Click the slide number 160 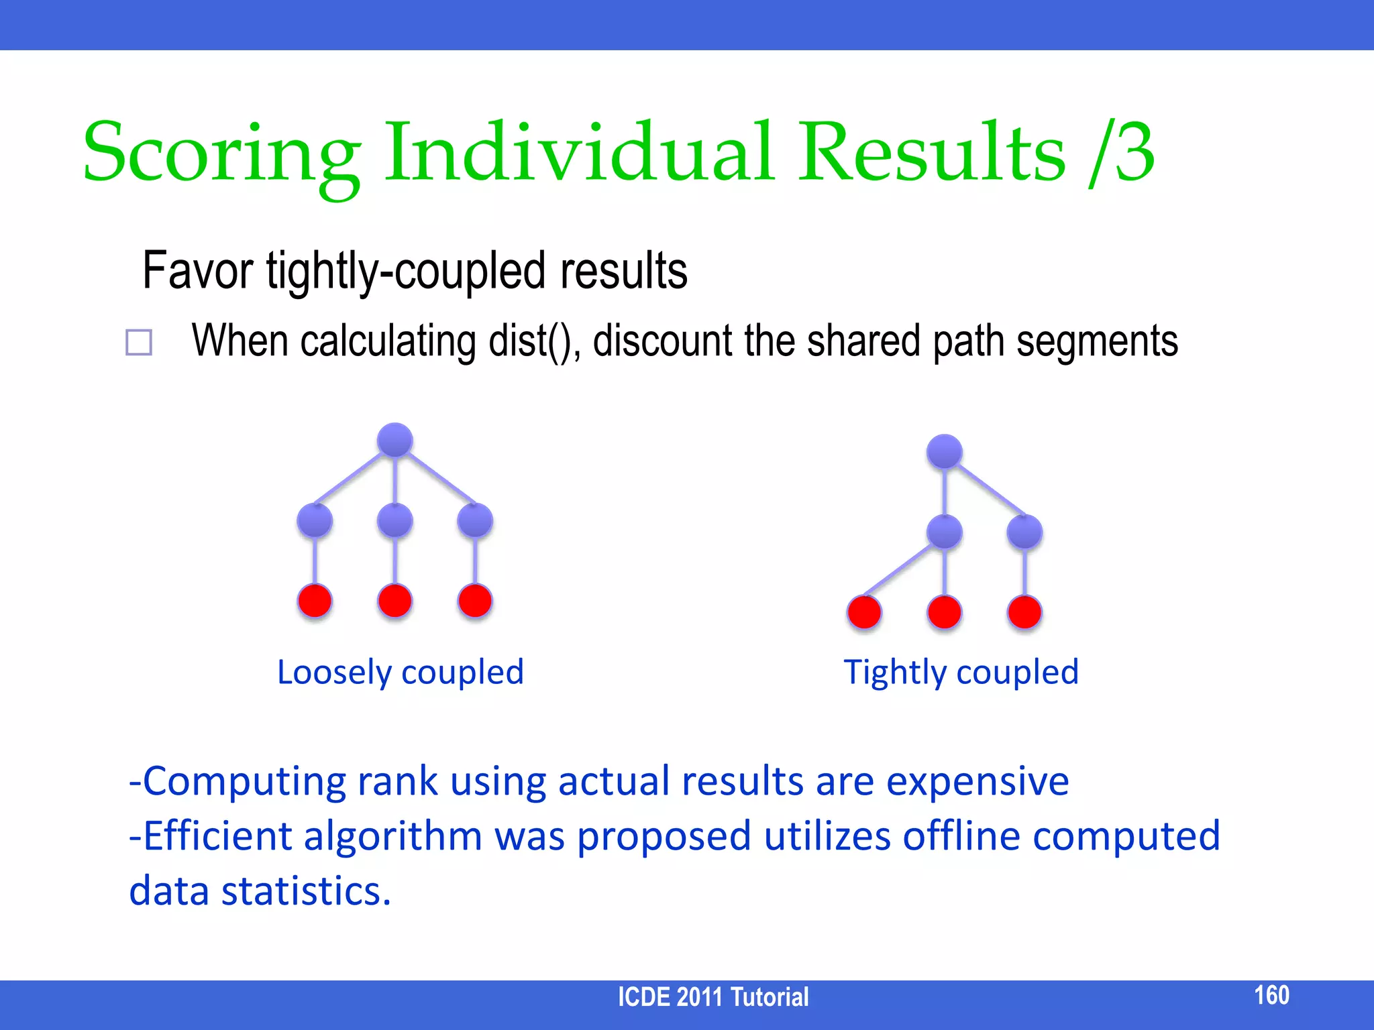pos(1271,994)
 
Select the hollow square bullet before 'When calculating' pos(139,342)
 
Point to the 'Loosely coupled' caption pos(401,672)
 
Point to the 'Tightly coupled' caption pos(961,672)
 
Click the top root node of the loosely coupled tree pos(395,440)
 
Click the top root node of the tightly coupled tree pos(945,451)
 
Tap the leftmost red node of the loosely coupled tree pos(315,600)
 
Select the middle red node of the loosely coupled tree pos(395,600)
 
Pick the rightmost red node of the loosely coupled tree pos(475,600)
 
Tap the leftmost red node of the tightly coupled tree pos(864,612)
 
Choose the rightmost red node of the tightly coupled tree pos(1024,612)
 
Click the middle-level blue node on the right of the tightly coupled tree pos(1024,532)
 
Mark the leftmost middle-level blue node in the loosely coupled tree pos(315,520)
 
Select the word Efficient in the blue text pos(217,836)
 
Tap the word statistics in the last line pos(306,891)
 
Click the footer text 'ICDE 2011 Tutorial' pos(713,997)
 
